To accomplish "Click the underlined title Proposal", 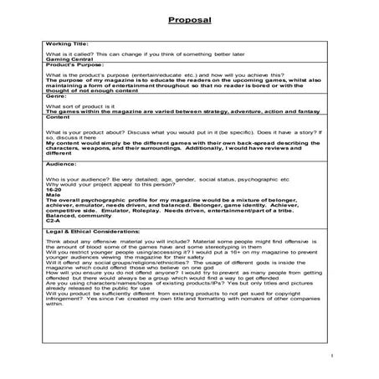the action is pos(188,19).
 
